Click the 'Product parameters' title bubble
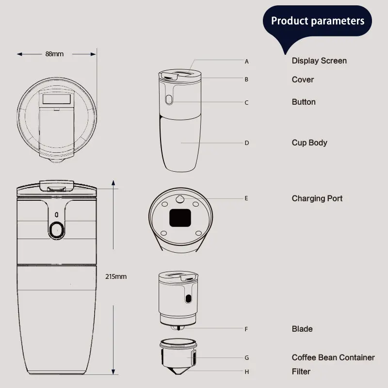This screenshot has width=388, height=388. pyautogui.click(x=318, y=21)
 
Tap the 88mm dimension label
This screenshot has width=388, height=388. pyautogui.click(x=54, y=54)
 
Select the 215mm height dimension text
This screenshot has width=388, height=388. pyautogui.click(x=115, y=276)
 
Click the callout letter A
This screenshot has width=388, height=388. pyautogui.click(x=246, y=62)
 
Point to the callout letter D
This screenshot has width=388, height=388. pyautogui.click(x=246, y=143)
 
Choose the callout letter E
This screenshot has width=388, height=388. pyautogui.click(x=246, y=198)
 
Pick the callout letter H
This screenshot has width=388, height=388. pyautogui.click(x=246, y=372)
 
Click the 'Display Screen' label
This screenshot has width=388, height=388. pyautogui.click(x=319, y=61)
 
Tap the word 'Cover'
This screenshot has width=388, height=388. pyautogui.click(x=303, y=80)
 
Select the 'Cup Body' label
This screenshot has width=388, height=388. pyautogui.click(x=309, y=143)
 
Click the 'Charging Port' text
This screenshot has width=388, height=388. pyautogui.click(x=317, y=198)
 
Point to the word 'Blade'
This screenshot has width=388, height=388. pyautogui.click(x=302, y=329)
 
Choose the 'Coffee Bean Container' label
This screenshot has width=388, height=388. pyautogui.click(x=333, y=357)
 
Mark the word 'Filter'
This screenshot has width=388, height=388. pyautogui.click(x=301, y=372)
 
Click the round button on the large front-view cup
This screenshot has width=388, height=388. pyautogui.click(x=57, y=229)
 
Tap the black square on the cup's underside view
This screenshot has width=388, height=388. pyautogui.click(x=179, y=218)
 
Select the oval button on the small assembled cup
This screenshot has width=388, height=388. pyautogui.click(x=169, y=100)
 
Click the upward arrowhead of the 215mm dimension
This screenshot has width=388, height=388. pyautogui.click(x=113, y=183)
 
